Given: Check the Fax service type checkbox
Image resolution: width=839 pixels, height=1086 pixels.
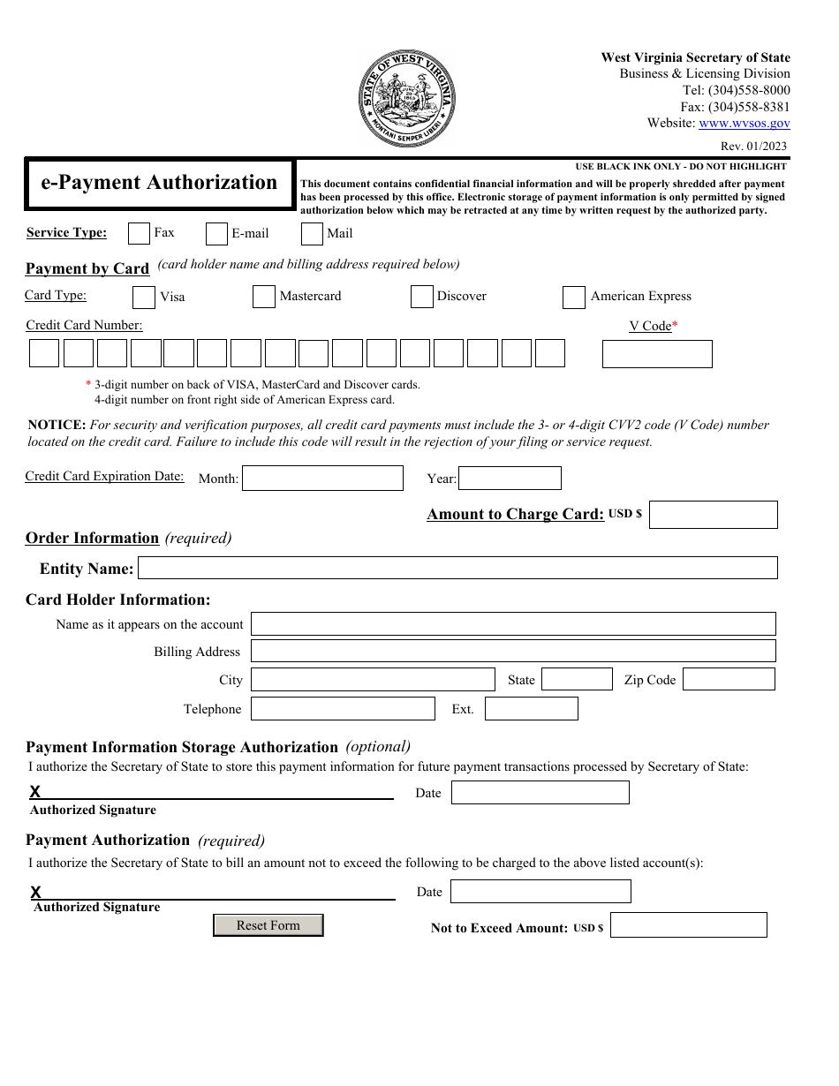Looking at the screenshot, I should tap(139, 233).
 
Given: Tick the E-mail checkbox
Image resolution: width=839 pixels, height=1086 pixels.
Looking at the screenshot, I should tap(216, 234).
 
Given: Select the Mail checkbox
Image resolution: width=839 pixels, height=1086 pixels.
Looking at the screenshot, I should tap(312, 234).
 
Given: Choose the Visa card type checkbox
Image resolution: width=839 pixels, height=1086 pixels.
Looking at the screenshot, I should tap(144, 298).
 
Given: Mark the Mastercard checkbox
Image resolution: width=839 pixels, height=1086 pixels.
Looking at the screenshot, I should tap(263, 297).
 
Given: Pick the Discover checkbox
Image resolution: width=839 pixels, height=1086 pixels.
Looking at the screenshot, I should tap(421, 297).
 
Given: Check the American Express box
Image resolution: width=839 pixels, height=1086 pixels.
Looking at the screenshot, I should tap(573, 298).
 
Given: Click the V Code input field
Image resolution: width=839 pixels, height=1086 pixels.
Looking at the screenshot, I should tap(656, 354).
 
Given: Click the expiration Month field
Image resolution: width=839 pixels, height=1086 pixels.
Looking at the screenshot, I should tap(322, 479).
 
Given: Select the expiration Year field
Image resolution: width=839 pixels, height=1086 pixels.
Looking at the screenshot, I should tap(510, 479).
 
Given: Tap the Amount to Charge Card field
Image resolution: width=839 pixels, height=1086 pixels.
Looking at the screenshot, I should tap(713, 515).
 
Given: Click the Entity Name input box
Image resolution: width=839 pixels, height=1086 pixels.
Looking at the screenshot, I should tap(457, 568).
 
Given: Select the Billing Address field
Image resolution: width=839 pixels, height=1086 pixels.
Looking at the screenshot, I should tap(513, 652).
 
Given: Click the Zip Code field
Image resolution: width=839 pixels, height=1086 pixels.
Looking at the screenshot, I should tap(729, 679).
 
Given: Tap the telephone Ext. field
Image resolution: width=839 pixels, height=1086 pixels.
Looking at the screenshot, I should tap(531, 709).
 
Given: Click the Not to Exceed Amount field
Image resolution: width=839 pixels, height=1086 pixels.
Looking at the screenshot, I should tap(688, 925).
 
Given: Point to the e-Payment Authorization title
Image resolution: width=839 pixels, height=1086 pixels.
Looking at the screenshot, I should tap(159, 183).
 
